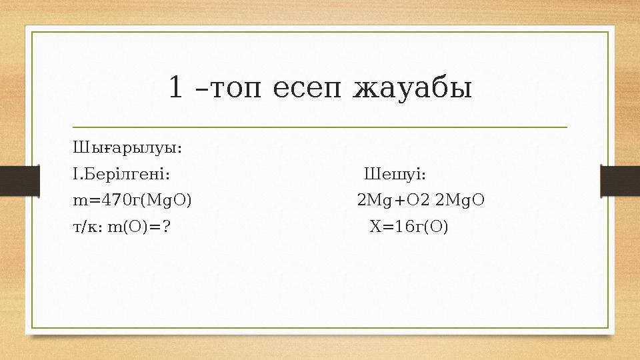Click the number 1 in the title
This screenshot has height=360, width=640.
coord(176,88)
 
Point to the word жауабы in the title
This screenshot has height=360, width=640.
coord(413,88)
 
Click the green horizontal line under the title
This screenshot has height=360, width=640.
coord(320,126)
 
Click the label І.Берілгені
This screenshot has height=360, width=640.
coord(121,174)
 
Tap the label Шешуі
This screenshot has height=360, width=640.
coord(395,174)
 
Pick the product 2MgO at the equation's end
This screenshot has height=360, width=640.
coord(459,200)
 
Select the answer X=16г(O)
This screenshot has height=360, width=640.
coord(409,227)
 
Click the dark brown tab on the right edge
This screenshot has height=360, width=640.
coord(621,181)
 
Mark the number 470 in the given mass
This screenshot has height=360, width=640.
coord(111,200)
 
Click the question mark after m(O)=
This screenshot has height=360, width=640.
coord(166,227)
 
